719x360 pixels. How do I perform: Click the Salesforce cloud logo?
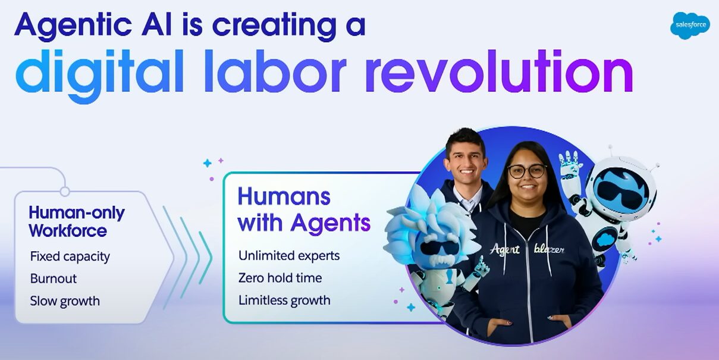coord(690,26)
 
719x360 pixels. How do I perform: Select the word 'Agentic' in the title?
coord(68,25)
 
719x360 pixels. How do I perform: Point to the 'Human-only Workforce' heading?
coord(77,221)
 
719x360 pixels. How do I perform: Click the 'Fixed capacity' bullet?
coord(70,256)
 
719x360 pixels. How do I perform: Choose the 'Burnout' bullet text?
coord(54,278)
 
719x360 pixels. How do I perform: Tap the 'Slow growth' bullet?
coord(65,300)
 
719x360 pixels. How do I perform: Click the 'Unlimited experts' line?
coord(289,255)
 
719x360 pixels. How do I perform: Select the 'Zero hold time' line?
coord(280,277)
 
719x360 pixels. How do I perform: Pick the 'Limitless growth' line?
coord(284,300)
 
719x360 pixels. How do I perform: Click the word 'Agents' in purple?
coord(330,223)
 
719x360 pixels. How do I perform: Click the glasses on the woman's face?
coord(527,171)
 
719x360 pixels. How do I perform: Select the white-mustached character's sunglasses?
coord(437,247)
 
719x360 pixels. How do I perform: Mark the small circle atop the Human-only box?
coord(65,191)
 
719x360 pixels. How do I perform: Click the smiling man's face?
coord(466,159)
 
